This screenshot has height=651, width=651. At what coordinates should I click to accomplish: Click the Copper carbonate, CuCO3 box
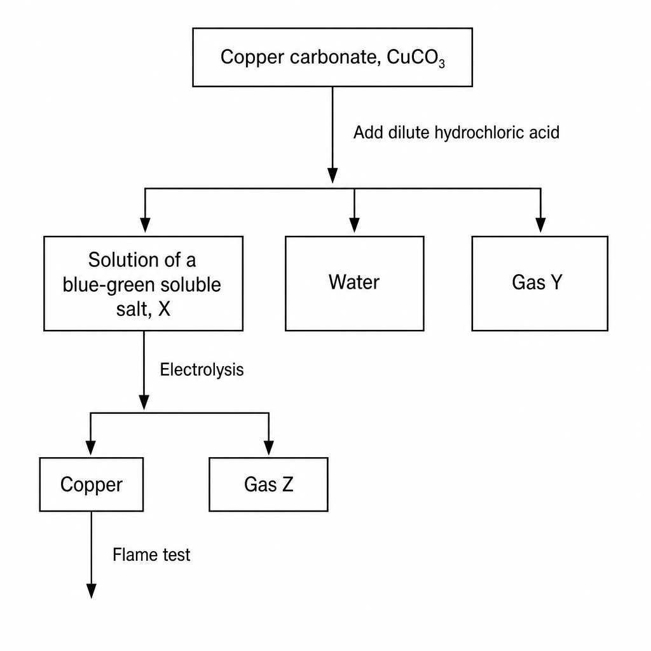332,57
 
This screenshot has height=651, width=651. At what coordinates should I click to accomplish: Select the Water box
355,284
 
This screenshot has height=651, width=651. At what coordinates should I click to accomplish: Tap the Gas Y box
540,284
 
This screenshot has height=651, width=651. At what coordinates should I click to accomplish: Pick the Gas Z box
269,484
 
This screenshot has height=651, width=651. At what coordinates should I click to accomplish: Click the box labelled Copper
92,484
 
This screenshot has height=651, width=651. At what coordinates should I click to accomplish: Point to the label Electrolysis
202,369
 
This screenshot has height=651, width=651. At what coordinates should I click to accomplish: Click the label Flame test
151,554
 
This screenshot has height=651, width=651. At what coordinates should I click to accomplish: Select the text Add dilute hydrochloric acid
456,132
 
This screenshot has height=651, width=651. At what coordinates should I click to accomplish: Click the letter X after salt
165,309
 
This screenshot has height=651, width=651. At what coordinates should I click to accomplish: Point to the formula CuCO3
416,58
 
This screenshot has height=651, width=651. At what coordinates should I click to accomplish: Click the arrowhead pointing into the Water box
354,225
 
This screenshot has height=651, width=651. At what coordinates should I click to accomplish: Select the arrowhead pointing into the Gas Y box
540,225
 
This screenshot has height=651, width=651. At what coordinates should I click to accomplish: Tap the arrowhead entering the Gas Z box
269,448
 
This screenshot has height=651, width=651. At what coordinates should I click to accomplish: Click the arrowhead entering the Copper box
90,448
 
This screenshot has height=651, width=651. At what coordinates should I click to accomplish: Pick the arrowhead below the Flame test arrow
91,591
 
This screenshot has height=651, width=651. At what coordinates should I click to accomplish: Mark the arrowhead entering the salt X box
145,225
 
